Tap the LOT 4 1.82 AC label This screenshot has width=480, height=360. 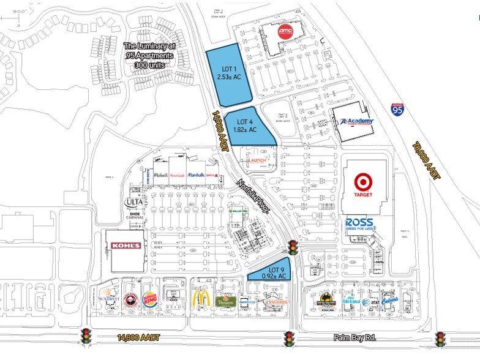pyautogui.click(x=244, y=126)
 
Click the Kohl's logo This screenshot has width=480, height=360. pyautogui.click(x=126, y=246)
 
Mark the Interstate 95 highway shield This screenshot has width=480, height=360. pyautogui.click(x=397, y=110)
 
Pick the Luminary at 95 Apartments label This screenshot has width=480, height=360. pyautogui.click(x=149, y=54)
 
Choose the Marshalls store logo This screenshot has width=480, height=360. pyautogui.click(x=197, y=175)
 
